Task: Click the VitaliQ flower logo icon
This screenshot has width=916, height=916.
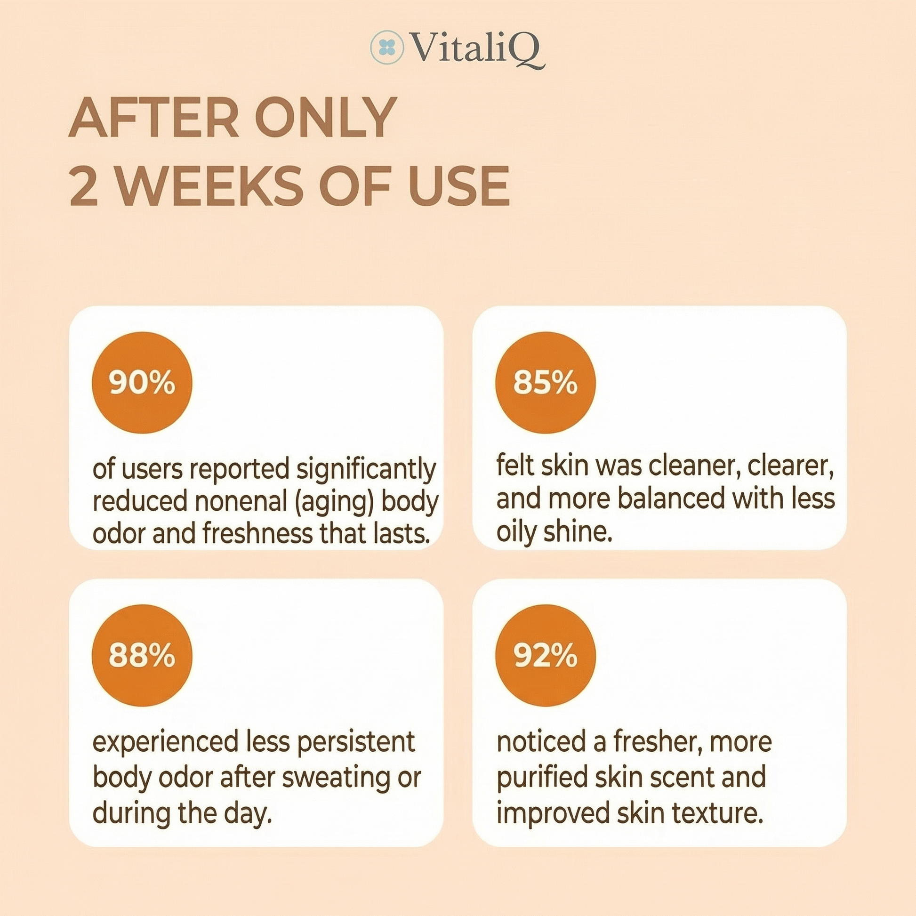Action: (387, 47)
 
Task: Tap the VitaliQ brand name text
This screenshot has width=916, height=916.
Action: (476, 50)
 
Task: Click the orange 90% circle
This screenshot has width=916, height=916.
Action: (142, 383)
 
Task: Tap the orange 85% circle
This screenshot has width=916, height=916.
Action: (545, 383)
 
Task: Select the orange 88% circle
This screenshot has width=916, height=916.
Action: (142, 655)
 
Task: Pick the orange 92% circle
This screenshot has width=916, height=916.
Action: (545, 655)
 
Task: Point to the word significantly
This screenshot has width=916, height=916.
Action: (366, 470)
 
